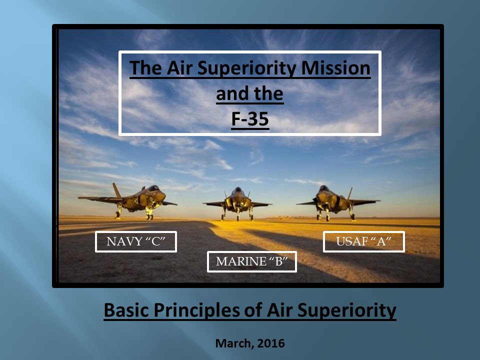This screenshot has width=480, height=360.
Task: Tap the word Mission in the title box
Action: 336,67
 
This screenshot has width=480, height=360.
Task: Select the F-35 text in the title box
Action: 250,119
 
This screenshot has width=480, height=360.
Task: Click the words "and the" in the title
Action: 250,93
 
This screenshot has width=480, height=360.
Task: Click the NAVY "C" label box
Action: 136,242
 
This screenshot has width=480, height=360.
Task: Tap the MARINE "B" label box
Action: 252,261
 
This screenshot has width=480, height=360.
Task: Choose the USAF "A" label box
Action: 364,242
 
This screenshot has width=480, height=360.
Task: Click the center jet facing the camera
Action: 237,203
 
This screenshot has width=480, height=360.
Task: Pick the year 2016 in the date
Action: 271,343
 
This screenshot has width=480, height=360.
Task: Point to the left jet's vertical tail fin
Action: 116,190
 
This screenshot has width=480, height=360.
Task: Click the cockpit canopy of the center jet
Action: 237,190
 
